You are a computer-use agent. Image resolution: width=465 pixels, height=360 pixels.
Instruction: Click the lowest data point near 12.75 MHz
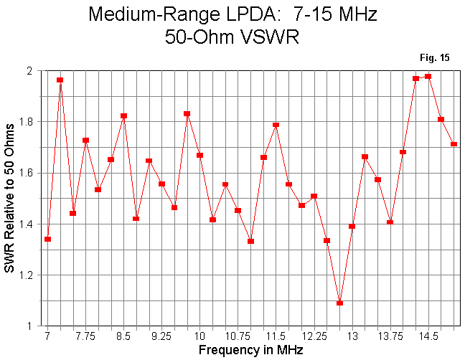click(339, 303)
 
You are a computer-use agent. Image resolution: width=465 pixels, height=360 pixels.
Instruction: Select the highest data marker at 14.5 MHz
click(428, 76)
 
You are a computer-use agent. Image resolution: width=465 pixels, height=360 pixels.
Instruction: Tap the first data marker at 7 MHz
click(47, 239)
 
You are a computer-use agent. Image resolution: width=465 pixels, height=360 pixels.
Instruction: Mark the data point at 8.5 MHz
click(123, 115)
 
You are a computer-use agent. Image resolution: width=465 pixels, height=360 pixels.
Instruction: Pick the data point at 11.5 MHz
click(276, 125)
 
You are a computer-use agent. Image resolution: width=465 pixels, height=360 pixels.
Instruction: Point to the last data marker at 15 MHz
click(454, 144)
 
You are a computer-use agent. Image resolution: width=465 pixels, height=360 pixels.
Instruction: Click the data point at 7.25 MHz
click(60, 80)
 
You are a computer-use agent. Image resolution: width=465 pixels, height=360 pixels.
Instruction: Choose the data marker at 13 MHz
click(352, 226)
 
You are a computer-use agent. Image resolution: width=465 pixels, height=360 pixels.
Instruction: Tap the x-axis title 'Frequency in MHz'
click(250, 351)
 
